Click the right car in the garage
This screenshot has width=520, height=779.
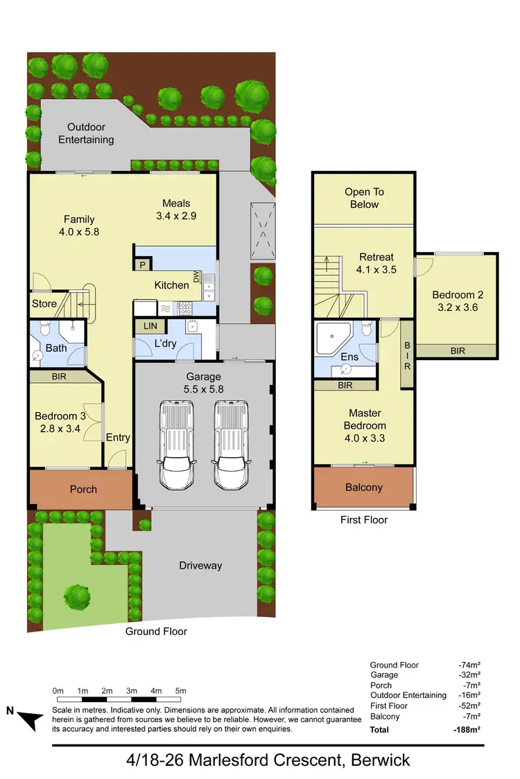230,443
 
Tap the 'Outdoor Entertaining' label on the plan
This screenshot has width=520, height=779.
86,134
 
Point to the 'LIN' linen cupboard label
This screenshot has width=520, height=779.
150,326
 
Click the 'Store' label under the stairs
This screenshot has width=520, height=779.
44,303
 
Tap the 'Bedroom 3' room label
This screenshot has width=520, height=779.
60,422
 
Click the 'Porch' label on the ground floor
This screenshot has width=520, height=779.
83,490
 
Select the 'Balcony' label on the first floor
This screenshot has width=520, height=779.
364,487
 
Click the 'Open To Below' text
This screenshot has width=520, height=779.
364,198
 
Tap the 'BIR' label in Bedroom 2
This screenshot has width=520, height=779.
458,351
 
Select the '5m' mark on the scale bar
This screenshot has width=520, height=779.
180,691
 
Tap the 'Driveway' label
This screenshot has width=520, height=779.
200,566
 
